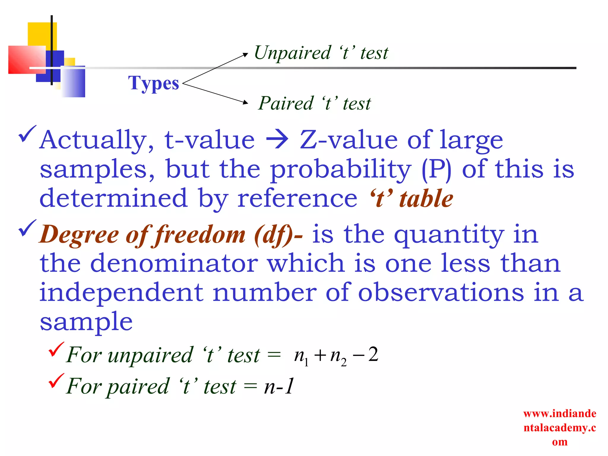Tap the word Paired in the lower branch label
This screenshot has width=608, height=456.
286,104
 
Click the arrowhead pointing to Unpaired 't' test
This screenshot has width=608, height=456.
245,55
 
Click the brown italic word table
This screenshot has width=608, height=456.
426,198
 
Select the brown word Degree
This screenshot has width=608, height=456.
79,235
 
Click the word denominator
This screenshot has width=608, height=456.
174,263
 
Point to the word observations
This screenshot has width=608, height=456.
441,292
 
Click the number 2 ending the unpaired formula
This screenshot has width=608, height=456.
373,354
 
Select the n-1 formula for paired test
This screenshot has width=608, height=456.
279,386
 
